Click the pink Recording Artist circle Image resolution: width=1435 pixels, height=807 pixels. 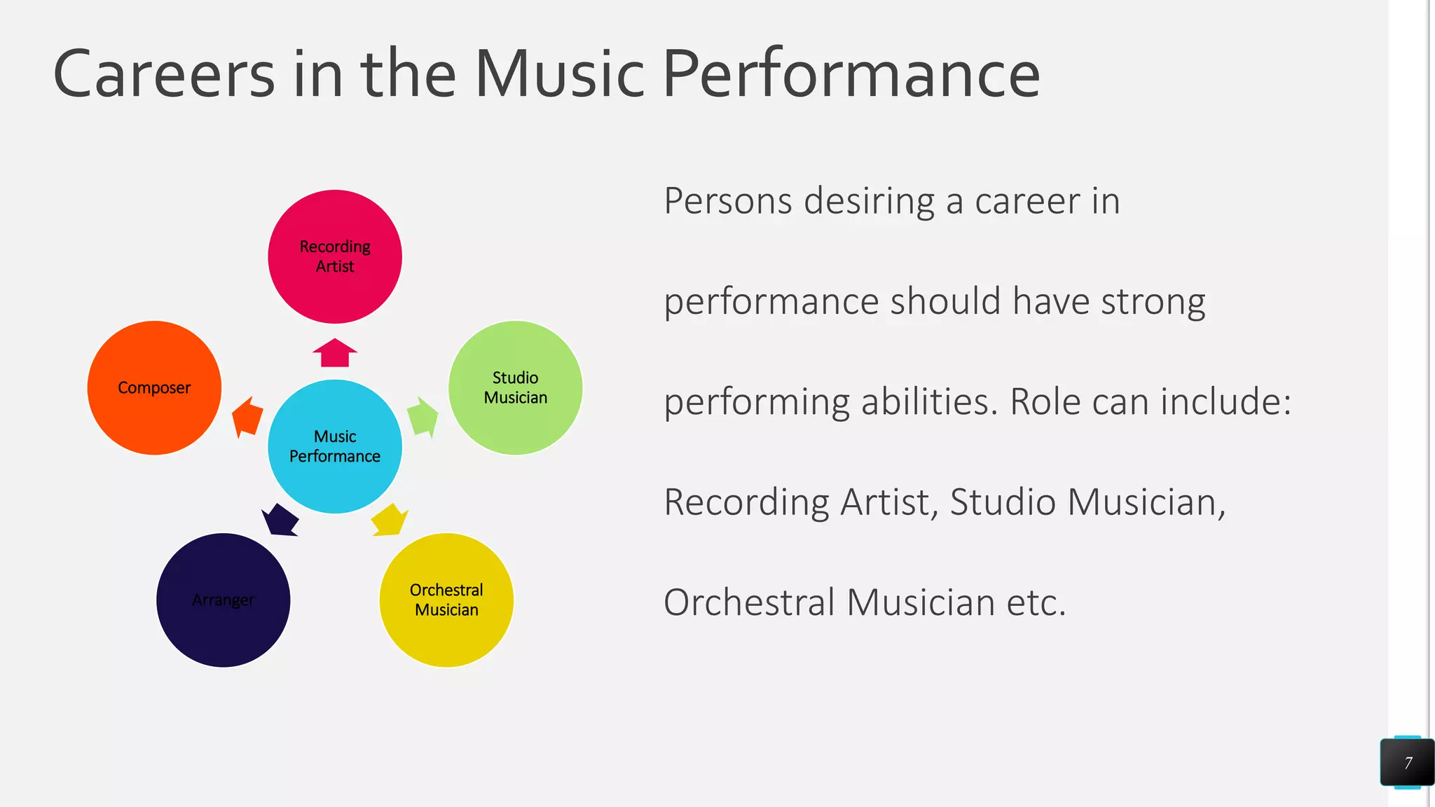335,256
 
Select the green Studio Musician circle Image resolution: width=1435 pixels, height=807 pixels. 515,387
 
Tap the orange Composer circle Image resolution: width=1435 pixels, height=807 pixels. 154,387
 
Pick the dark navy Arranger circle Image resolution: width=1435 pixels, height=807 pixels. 223,600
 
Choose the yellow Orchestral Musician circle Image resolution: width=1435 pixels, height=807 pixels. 446,600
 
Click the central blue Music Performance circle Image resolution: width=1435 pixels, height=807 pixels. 335,446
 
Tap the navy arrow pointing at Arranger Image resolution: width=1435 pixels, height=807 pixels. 280,520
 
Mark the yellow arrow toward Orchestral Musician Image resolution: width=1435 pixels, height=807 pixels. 390,520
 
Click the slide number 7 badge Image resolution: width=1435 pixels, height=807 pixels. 1407,762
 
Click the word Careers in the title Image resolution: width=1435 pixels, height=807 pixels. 164,74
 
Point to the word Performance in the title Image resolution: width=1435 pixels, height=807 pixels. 851,74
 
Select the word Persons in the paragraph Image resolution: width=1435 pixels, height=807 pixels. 728,202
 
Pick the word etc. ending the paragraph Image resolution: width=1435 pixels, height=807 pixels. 1036,603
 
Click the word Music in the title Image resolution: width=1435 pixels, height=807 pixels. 559,74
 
